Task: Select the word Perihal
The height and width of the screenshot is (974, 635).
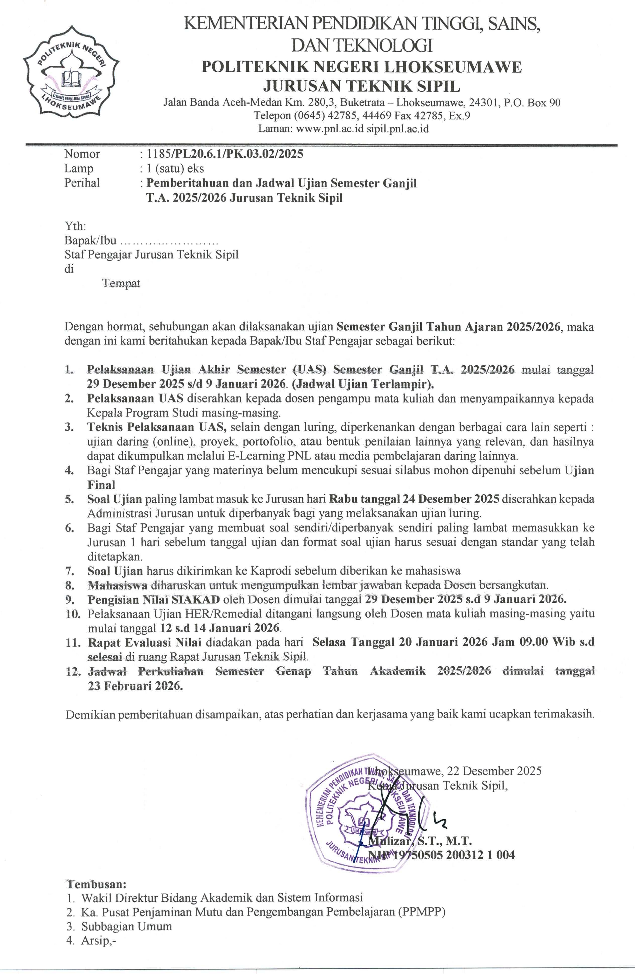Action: pyautogui.click(x=82, y=183)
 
